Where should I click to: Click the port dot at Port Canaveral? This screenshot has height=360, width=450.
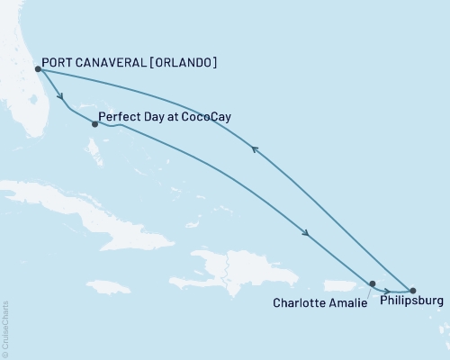[x=38, y=68]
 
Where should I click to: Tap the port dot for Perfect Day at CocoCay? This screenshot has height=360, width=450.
[x=94, y=124]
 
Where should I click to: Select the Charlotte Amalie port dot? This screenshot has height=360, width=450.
[x=373, y=283]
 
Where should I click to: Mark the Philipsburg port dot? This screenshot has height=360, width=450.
[x=413, y=291]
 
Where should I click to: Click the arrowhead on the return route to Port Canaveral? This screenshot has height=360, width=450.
[x=256, y=150]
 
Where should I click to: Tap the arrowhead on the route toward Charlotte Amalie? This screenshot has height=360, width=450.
[x=308, y=234]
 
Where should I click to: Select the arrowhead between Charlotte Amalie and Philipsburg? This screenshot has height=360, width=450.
[x=386, y=290]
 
